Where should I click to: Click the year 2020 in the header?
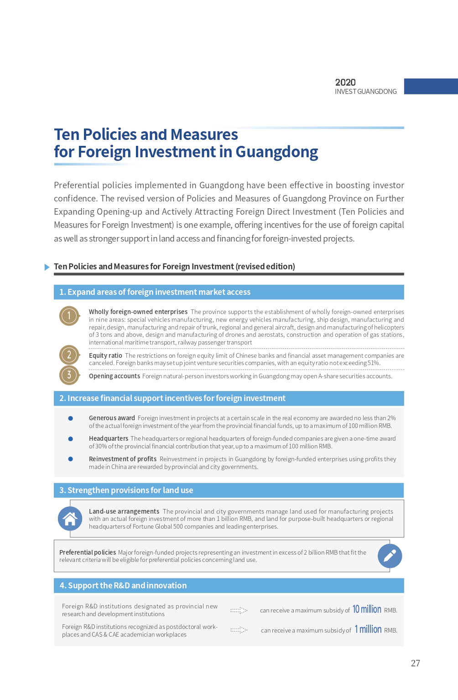pos(345,82)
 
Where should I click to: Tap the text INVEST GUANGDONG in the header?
pos(365,92)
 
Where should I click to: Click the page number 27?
pos(415,663)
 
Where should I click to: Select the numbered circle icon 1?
pos(69,315)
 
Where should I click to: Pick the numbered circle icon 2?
pos(69,355)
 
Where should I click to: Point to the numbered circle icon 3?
pos(69,375)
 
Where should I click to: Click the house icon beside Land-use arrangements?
pos(70,519)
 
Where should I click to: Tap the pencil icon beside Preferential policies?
pos(390,556)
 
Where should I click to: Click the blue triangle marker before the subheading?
pos(47,267)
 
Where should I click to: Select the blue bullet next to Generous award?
pos(71,418)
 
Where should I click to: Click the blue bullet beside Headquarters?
pos(71,439)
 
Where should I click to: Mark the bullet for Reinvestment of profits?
pos(71,459)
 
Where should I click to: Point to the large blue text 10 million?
pos(367,609)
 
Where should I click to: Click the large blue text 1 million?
pos(368,629)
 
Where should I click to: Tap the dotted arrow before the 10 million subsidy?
pos(239,610)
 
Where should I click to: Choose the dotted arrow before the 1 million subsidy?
pos(239,630)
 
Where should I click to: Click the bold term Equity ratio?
pos(105,355)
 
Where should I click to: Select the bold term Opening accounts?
pos(114,376)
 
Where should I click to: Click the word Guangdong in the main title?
pos(276,152)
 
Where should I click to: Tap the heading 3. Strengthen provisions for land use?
pos(126,490)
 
